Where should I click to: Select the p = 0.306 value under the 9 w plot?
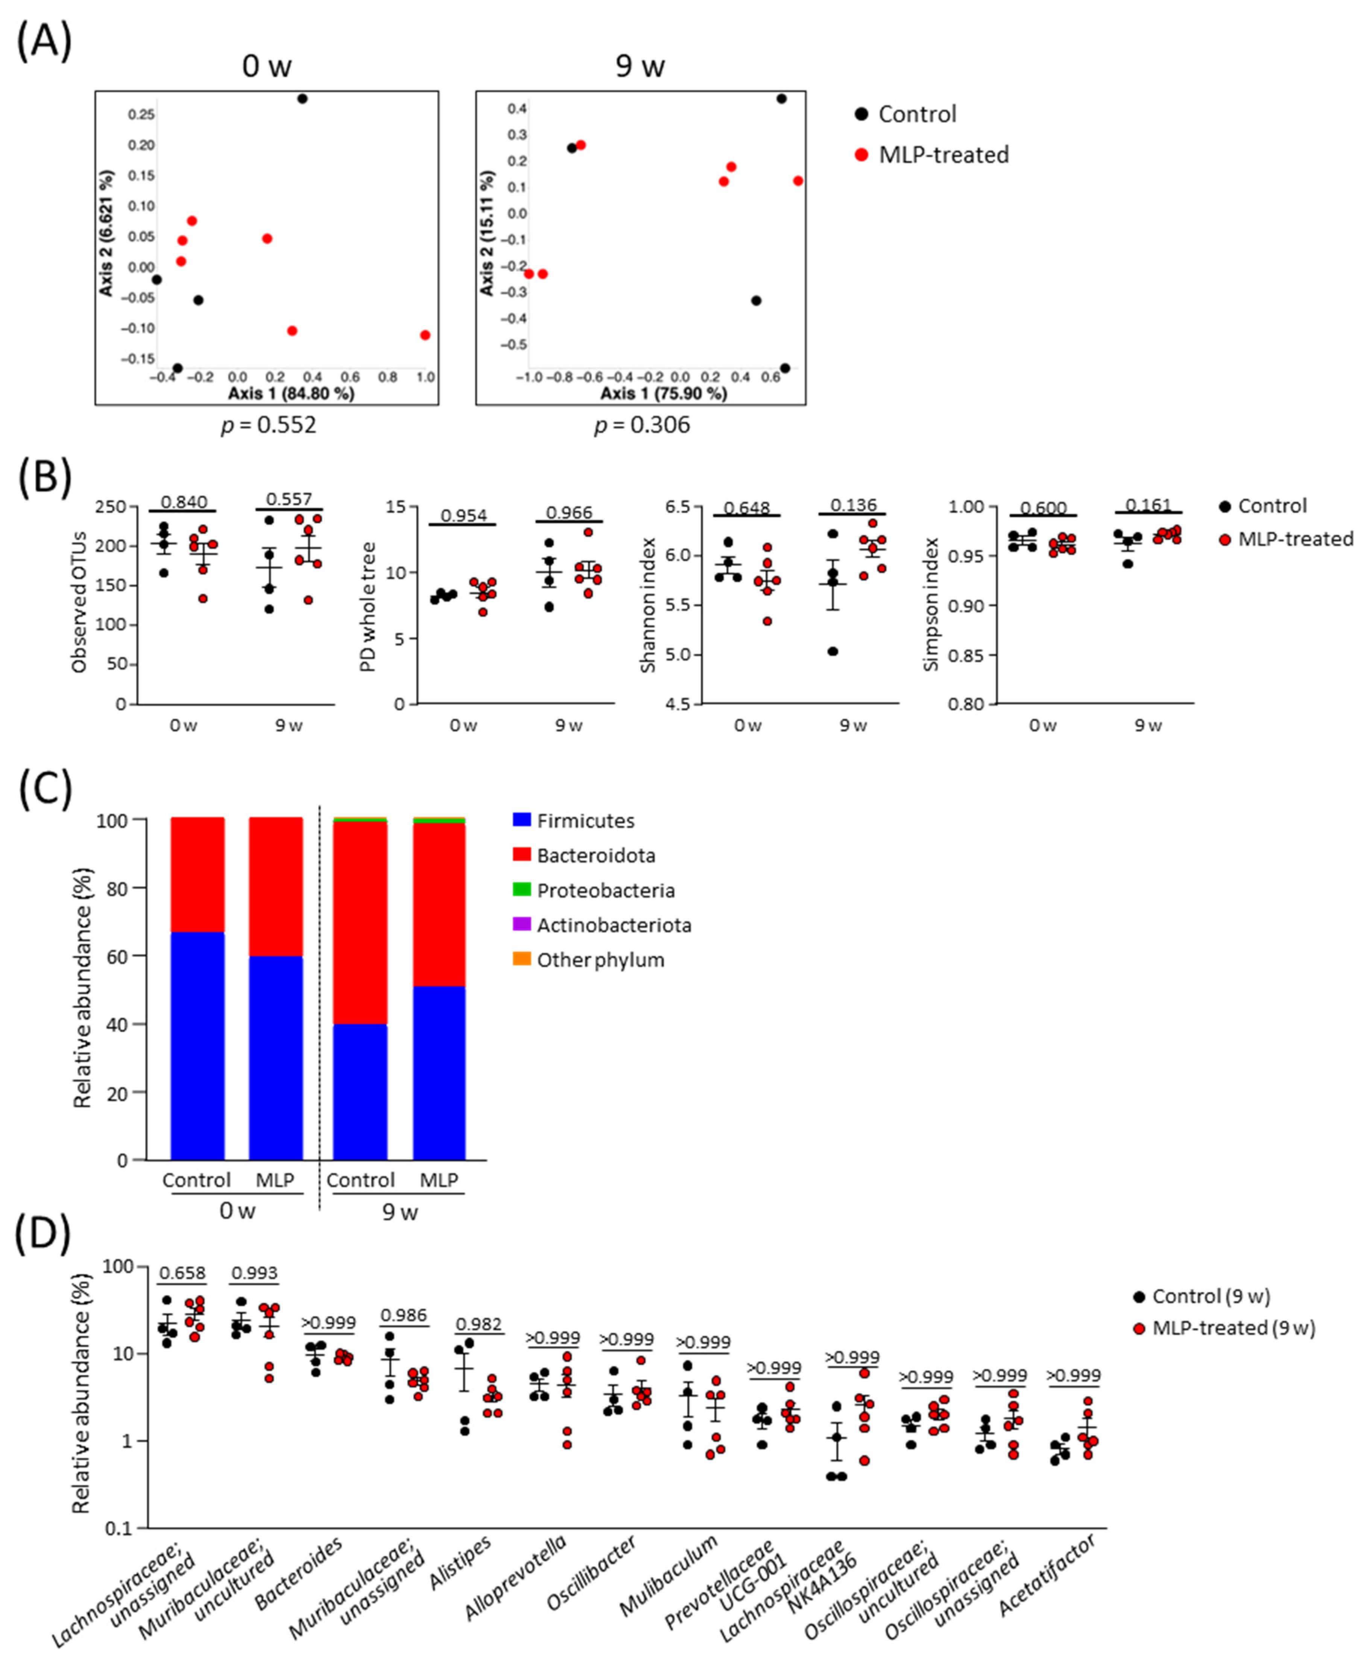[642, 425]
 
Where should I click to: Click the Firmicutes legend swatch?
[521, 820]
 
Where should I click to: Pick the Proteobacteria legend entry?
[605, 890]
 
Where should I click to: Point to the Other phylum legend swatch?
[521, 959]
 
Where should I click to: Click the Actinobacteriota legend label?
[614, 925]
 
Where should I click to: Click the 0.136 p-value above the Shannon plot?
[853, 505]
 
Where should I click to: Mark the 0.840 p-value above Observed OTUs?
[184, 502]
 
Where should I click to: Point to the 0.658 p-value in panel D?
[182, 1273]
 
